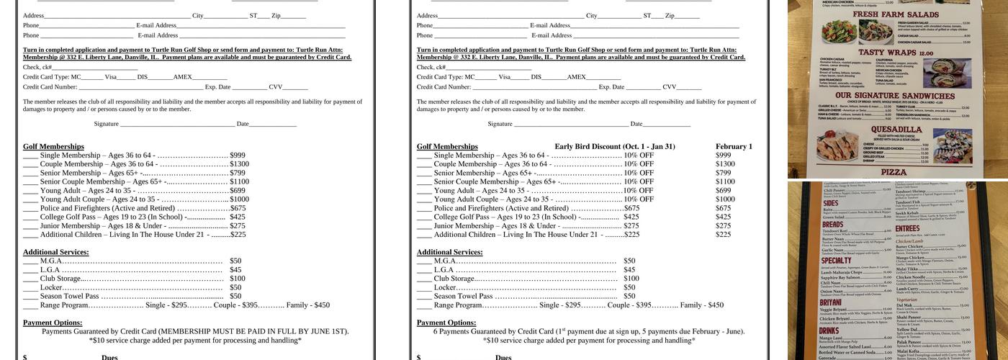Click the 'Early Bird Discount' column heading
pyautogui.click(x=614, y=146)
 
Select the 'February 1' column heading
pyautogui.click(x=734, y=146)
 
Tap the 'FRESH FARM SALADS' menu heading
pyautogui.click(x=896, y=14)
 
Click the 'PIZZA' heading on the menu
pyautogui.click(x=894, y=172)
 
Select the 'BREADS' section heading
pyautogui.click(x=832, y=224)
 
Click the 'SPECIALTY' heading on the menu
pyautogui.click(x=836, y=261)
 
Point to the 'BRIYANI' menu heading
pyautogui.click(x=832, y=302)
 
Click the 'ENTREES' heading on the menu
pyautogui.click(x=907, y=228)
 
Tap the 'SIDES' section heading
pyautogui.click(x=830, y=203)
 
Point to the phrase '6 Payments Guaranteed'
pyautogui.click(x=469, y=331)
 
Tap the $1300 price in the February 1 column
pyautogui.click(x=725, y=164)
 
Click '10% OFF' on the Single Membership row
pyautogui.click(x=639, y=156)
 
